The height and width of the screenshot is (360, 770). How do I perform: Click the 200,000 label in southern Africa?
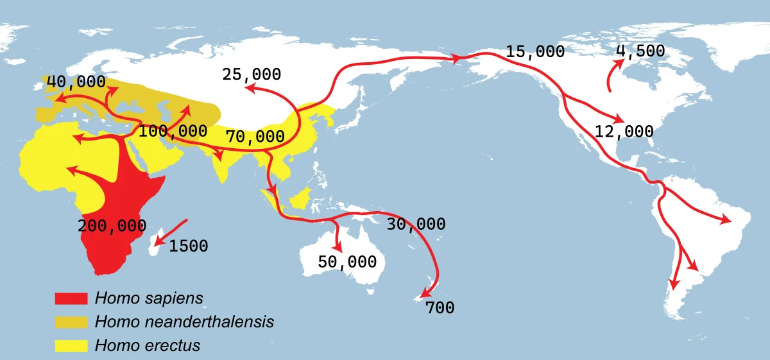(x=112, y=226)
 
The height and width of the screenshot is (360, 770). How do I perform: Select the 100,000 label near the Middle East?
(x=173, y=132)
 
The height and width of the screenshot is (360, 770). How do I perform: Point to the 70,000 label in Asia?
(x=255, y=136)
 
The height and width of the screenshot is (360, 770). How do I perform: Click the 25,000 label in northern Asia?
(x=252, y=74)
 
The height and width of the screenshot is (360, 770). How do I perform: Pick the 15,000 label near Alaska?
(x=535, y=52)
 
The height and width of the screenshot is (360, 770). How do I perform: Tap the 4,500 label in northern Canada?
(x=640, y=51)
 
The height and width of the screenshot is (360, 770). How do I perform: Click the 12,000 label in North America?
(x=624, y=132)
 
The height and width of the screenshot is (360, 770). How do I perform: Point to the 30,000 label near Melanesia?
(x=416, y=224)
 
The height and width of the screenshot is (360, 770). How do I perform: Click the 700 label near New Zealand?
(x=440, y=308)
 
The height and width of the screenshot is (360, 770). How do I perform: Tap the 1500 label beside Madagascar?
(x=189, y=246)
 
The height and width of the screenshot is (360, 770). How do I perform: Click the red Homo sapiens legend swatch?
(x=71, y=298)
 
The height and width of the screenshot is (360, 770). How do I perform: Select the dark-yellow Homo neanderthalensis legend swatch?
(x=71, y=321)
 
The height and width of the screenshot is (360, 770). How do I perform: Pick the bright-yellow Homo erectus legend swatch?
(x=71, y=345)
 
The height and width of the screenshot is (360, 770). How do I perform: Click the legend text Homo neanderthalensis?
(x=184, y=321)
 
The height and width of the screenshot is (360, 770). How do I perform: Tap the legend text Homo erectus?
(x=148, y=345)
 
